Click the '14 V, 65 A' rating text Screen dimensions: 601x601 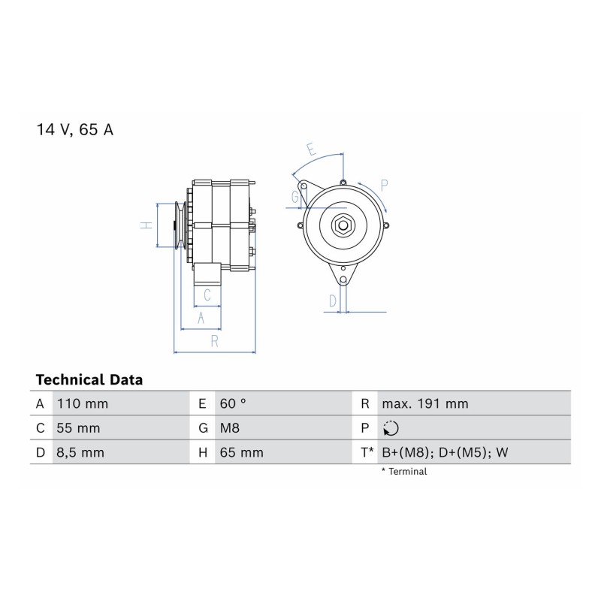(74, 129)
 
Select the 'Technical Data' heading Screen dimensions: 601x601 (89, 380)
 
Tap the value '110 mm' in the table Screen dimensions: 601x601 (83, 403)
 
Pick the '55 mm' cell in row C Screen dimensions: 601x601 (78, 428)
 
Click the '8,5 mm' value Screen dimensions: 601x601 (80, 453)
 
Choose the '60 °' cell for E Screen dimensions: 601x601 (233, 403)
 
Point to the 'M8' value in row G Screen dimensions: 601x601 (230, 428)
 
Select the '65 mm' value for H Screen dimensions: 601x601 (241, 453)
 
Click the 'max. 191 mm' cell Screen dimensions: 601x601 (425, 403)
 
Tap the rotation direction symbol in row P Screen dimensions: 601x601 (391, 428)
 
